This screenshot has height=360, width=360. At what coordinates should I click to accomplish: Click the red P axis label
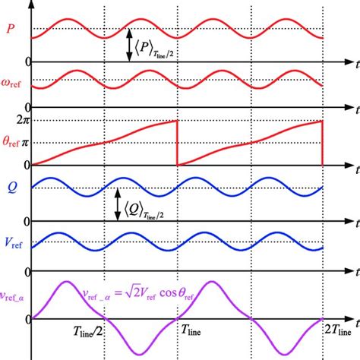point(10,30)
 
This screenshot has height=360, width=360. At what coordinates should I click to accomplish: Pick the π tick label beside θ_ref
point(33,142)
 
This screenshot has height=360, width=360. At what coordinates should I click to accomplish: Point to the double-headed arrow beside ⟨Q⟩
point(117,204)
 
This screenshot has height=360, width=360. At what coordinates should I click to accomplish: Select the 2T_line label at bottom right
point(334,333)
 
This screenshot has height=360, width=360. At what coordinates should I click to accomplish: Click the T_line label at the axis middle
point(194,333)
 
